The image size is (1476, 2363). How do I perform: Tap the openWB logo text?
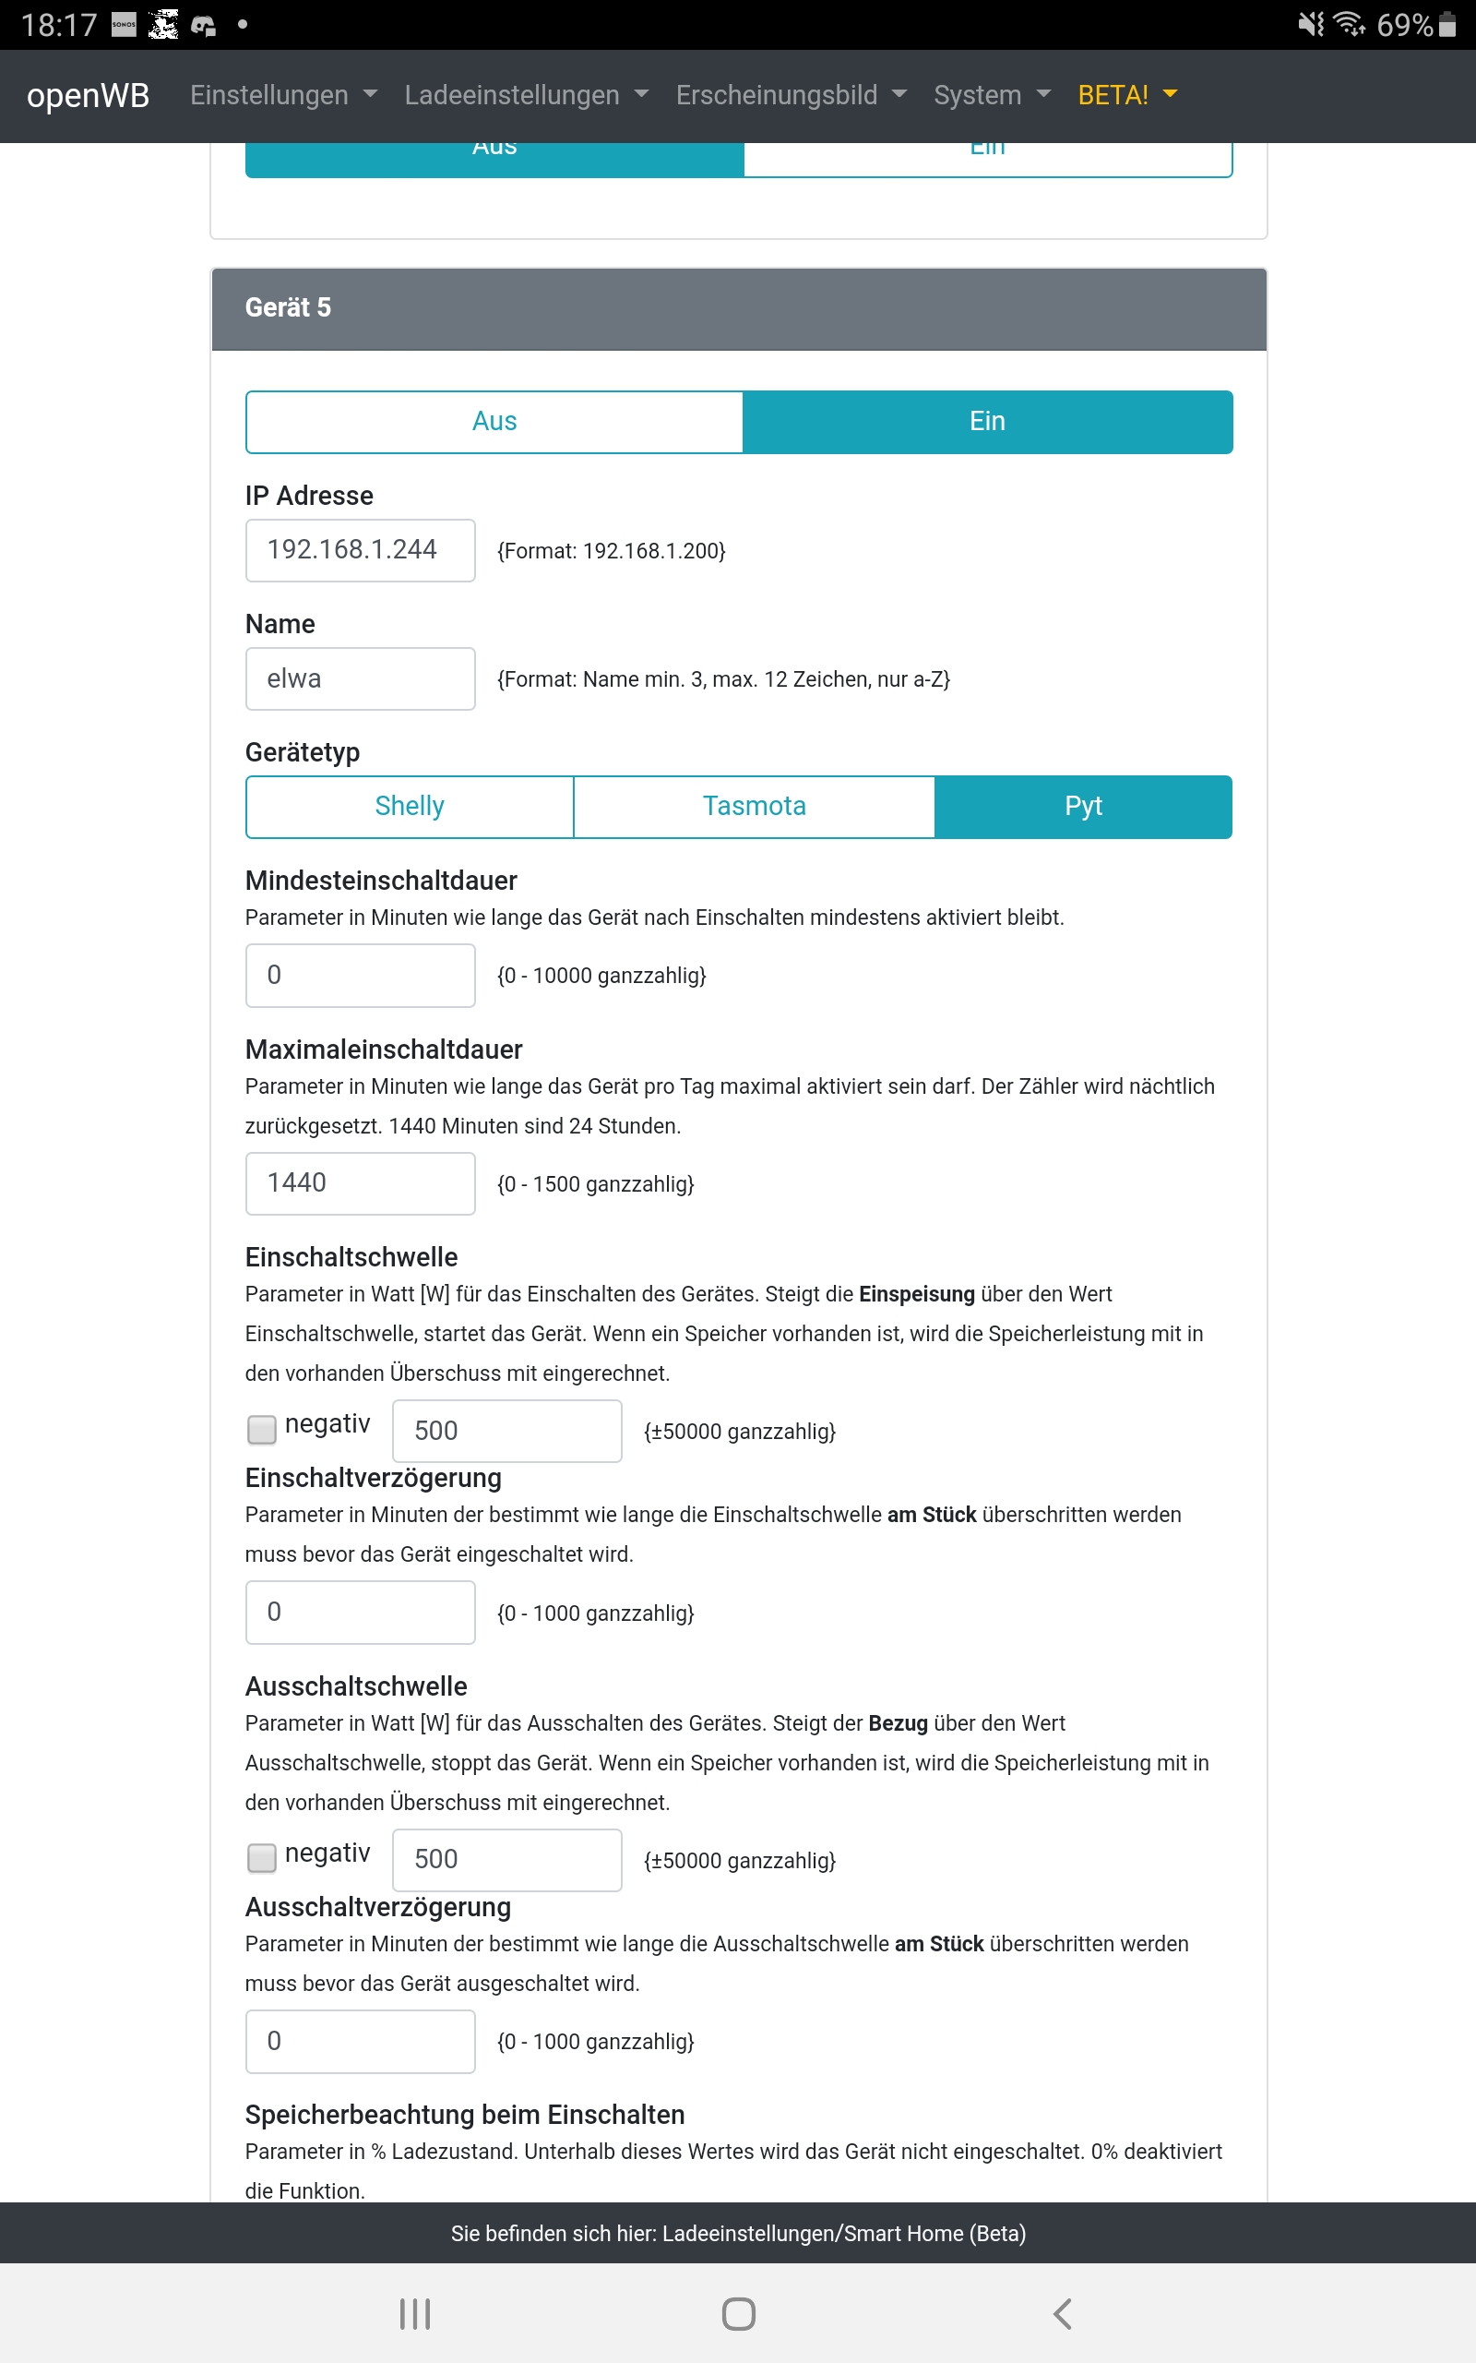point(88,96)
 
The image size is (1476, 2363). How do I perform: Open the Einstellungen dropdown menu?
point(282,96)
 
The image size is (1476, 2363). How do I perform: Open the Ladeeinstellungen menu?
point(525,96)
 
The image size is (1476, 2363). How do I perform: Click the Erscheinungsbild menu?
point(790,96)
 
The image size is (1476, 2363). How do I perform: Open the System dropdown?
point(991,96)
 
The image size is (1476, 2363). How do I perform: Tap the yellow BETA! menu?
point(1126,96)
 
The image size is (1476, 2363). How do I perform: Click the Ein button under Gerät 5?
point(987,422)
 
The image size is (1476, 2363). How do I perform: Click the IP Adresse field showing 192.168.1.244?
point(360,551)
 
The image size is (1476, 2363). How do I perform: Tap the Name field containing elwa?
point(360,678)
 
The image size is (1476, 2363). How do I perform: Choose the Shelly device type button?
point(409,807)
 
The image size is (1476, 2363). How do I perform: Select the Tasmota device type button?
point(754,807)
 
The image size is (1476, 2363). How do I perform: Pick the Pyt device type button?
point(1083,807)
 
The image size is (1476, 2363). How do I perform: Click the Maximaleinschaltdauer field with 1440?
point(360,1183)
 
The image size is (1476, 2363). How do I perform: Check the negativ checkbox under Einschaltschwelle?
point(262,1430)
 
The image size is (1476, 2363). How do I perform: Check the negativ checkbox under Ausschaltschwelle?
point(262,1858)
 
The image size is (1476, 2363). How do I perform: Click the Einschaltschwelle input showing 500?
point(506,1431)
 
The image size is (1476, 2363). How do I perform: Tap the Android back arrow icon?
point(1062,2313)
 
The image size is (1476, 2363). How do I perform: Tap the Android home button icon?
point(738,2313)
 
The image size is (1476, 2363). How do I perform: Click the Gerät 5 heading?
point(288,308)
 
